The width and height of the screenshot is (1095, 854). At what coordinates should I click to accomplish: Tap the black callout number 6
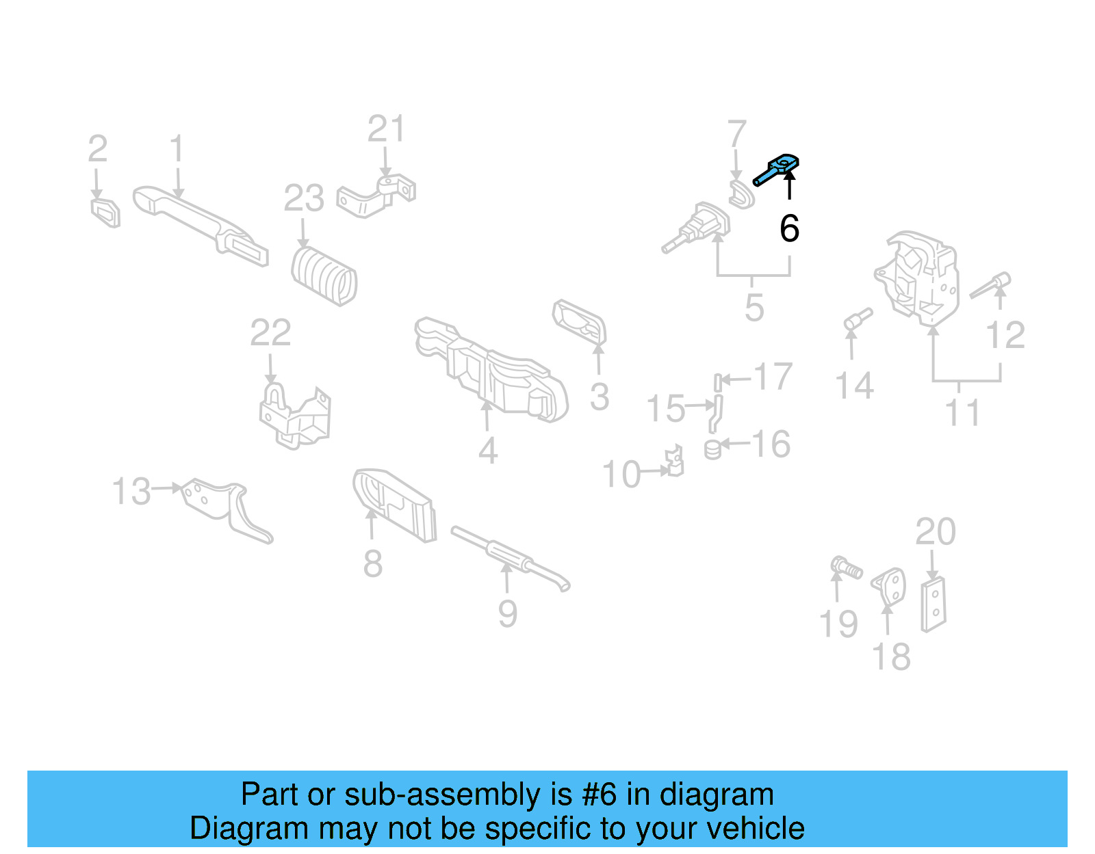[789, 228]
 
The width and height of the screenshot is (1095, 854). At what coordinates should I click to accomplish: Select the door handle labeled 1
[198, 222]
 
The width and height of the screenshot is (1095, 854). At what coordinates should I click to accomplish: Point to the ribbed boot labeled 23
[324, 276]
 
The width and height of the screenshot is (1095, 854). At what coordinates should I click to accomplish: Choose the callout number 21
[386, 129]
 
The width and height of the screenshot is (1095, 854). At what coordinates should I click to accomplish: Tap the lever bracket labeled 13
[226, 509]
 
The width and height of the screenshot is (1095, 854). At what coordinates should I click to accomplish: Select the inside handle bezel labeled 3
[580, 321]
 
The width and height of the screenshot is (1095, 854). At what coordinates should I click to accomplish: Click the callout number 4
[487, 451]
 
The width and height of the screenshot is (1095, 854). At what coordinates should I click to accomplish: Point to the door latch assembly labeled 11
[917, 277]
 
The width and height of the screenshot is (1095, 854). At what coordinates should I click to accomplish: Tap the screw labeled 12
[991, 285]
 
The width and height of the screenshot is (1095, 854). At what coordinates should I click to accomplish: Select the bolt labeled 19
[846, 568]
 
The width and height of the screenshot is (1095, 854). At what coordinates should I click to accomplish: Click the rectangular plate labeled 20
[933, 604]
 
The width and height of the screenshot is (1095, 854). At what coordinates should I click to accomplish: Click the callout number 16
[771, 444]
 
